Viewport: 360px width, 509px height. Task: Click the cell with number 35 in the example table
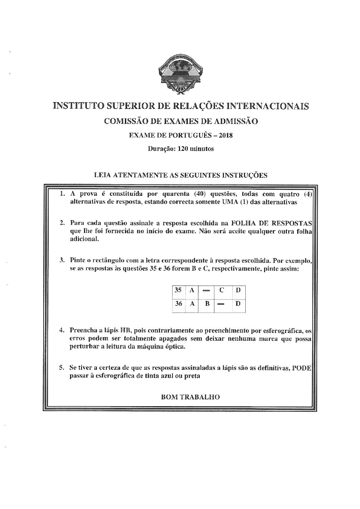pyautogui.click(x=178, y=290)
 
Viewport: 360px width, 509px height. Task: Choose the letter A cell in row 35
pyautogui.click(x=192, y=290)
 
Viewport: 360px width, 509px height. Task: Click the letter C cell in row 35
pyautogui.click(x=221, y=290)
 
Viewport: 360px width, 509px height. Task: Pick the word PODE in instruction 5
pyautogui.click(x=302, y=368)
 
